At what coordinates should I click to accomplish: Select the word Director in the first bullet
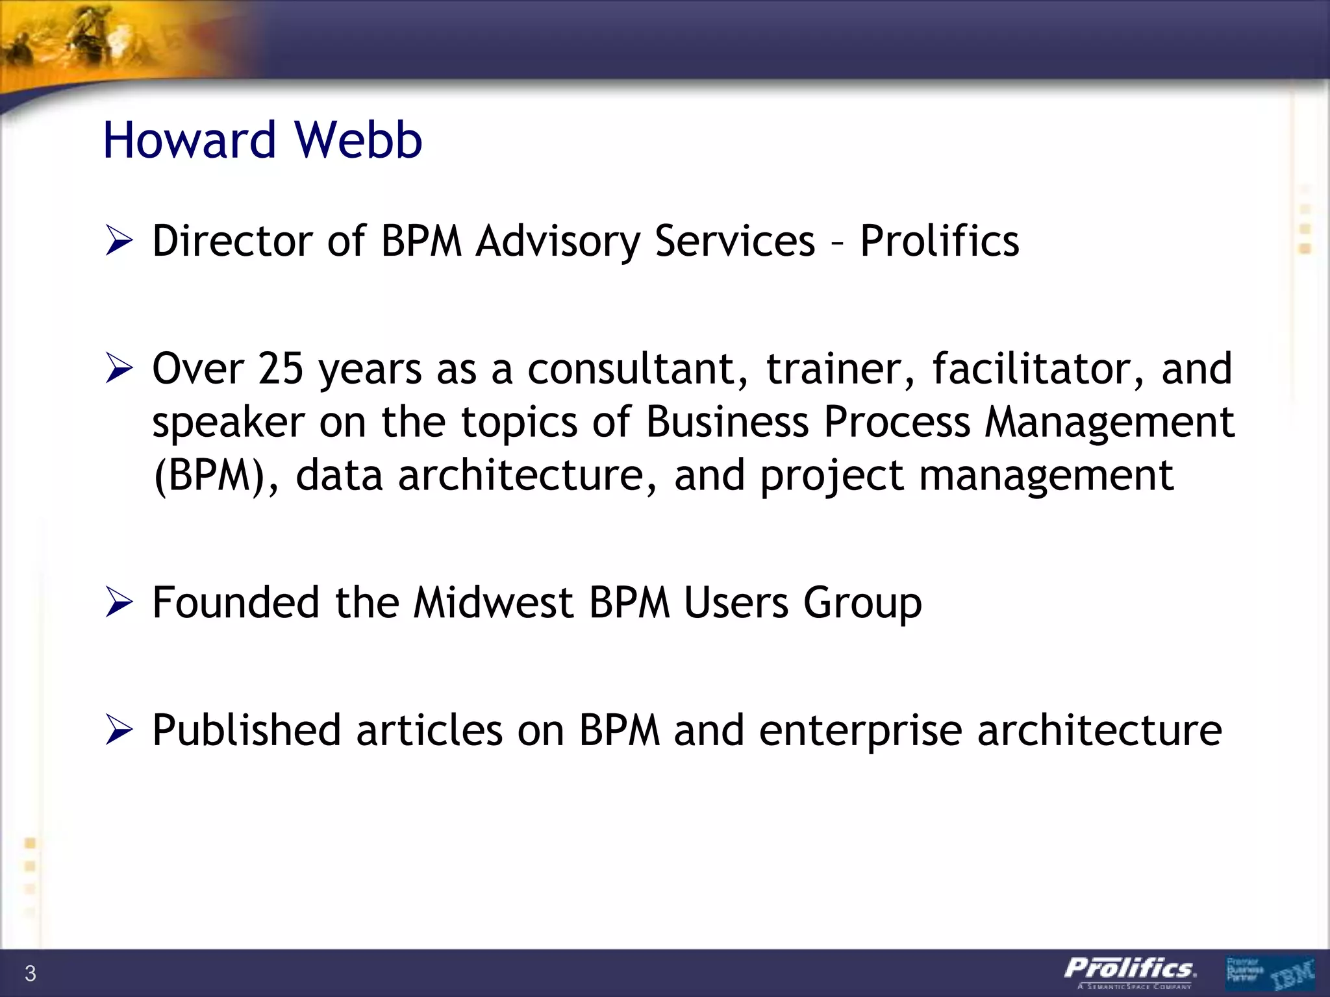pyautogui.click(x=232, y=241)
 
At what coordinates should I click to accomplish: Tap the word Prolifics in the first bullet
pyautogui.click(x=939, y=241)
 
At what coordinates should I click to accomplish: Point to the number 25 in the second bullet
pyautogui.click(x=281, y=368)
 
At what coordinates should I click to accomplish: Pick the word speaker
pyautogui.click(x=228, y=423)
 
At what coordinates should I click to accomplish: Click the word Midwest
pyautogui.click(x=493, y=602)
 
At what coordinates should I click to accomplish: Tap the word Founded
pyautogui.click(x=236, y=602)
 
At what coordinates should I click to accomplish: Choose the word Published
pyautogui.click(x=246, y=730)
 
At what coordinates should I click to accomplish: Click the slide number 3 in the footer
pyautogui.click(x=30, y=974)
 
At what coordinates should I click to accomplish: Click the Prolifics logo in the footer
pyautogui.click(x=1130, y=972)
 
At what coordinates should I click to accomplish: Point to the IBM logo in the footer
pyautogui.click(x=1292, y=974)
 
